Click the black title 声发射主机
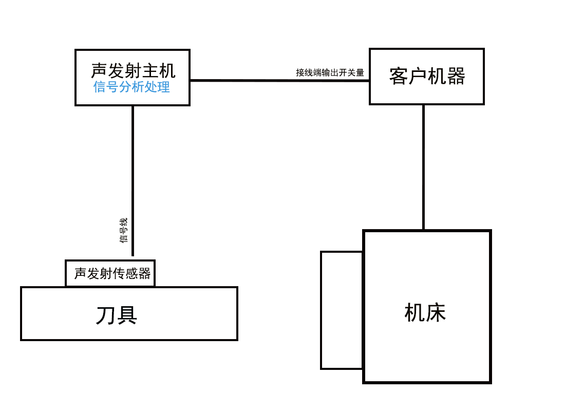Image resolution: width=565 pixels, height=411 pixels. pyautogui.click(x=133, y=70)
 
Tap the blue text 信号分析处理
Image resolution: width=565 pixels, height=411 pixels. pyautogui.click(x=131, y=87)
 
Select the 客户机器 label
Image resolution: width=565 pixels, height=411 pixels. pyautogui.click(x=427, y=76)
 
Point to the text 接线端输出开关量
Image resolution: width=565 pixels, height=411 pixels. pyautogui.click(x=330, y=72)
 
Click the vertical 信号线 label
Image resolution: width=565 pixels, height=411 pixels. pyautogui.click(x=124, y=231)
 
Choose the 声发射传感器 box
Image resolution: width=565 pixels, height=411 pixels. pyautogui.click(x=110, y=273)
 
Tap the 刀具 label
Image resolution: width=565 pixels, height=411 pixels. pyautogui.click(x=117, y=315)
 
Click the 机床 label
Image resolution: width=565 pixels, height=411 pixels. pyautogui.click(x=425, y=312)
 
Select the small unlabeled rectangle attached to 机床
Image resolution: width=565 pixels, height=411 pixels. pyautogui.click(x=342, y=310)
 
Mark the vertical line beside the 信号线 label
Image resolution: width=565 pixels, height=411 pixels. pyautogui.click(x=133, y=180)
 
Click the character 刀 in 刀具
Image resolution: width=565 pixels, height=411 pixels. pyautogui.click(x=105, y=315)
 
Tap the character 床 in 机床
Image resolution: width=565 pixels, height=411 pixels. pyautogui.click(x=436, y=312)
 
